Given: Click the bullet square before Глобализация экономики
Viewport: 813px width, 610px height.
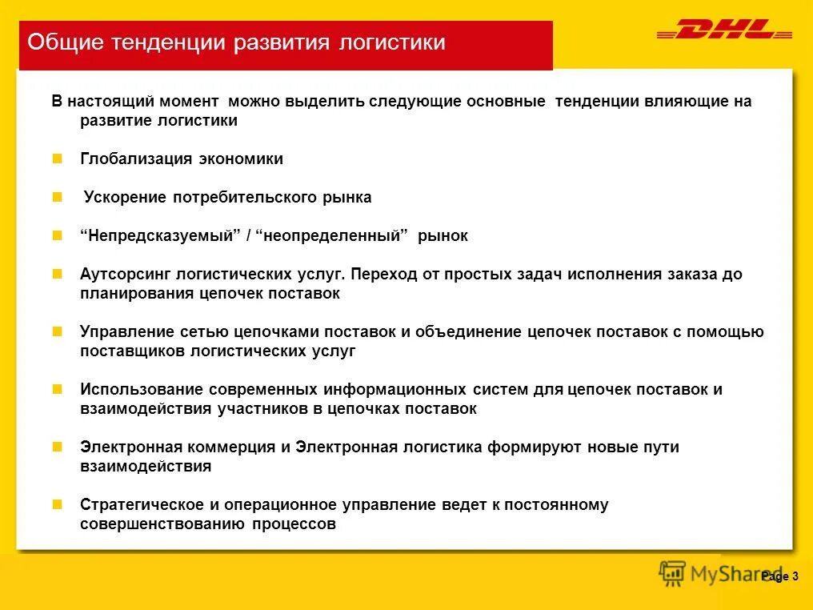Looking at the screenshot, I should pos(57,159).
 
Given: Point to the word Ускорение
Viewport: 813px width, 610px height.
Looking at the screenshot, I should pos(125,198).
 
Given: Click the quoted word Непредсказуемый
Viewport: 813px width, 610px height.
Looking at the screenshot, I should pos(160,236).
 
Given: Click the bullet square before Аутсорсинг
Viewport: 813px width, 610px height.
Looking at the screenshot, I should pos(57,274).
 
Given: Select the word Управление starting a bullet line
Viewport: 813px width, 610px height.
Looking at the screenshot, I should pos(125,332).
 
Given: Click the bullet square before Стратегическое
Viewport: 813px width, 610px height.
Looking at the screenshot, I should pos(57,504).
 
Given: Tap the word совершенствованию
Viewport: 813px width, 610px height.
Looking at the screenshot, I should pos(163,524).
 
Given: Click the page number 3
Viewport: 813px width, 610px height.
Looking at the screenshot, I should pos(795,576).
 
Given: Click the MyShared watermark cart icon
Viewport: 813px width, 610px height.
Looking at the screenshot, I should pos(672,573).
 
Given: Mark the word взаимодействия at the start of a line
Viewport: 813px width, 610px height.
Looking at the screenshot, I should pos(146,467).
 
